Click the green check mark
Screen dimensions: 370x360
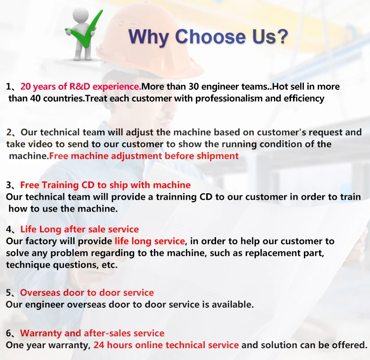click(x=85, y=36)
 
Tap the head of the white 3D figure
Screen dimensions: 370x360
click(x=80, y=15)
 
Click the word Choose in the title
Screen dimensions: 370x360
click(x=210, y=36)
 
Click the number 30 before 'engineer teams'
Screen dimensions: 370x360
click(x=193, y=87)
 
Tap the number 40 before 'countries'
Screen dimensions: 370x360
click(x=36, y=98)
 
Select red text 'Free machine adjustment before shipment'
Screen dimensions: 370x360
click(x=144, y=156)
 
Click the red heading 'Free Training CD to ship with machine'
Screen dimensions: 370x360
click(x=105, y=185)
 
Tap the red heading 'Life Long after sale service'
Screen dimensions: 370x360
click(x=79, y=229)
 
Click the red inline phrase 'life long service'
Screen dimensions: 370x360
click(x=149, y=241)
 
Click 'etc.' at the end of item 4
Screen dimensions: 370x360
click(x=110, y=265)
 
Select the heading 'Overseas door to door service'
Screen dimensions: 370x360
click(x=87, y=292)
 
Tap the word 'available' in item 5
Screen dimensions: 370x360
click(x=231, y=305)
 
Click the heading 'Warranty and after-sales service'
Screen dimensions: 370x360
click(x=92, y=333)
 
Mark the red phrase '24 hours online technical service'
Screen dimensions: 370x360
click(x=166, y=345)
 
